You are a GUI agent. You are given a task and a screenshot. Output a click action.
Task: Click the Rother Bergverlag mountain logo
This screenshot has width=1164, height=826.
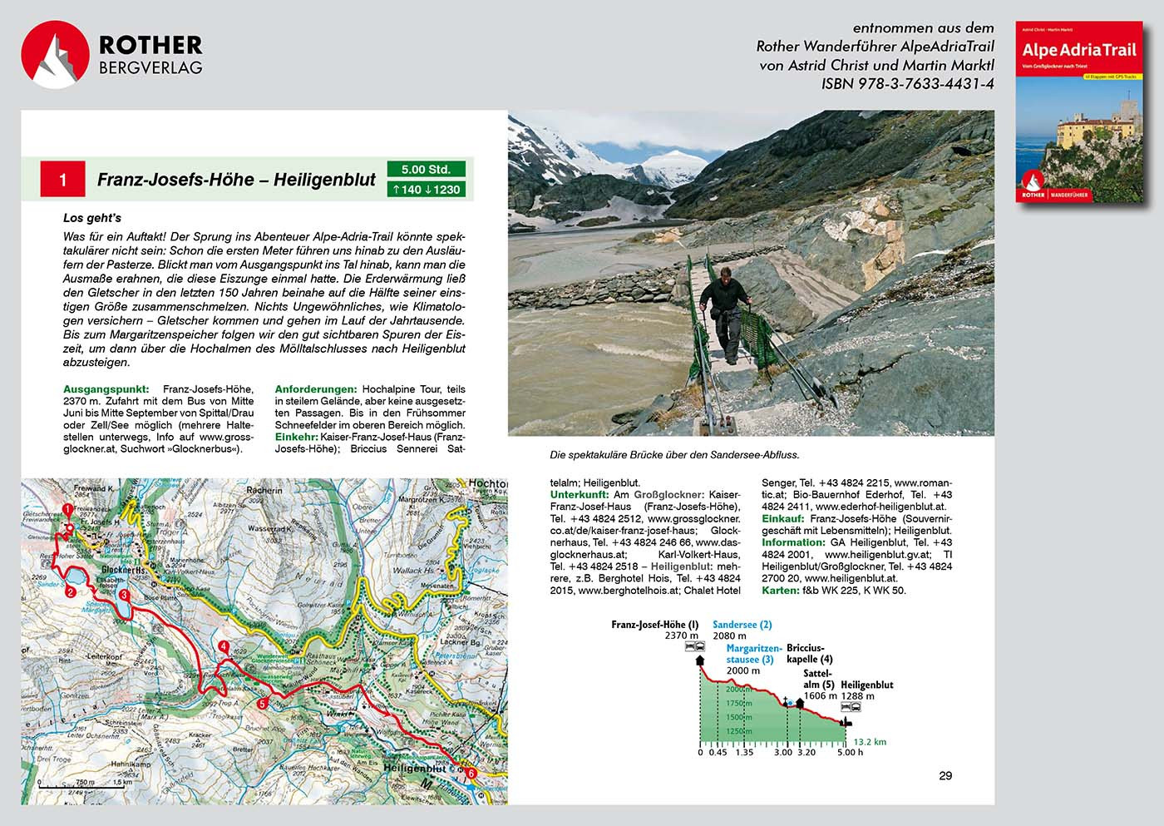55,54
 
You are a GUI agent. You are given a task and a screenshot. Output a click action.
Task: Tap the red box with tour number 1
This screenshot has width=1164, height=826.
62,180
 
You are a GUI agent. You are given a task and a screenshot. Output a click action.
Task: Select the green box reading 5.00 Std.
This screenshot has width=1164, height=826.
425,170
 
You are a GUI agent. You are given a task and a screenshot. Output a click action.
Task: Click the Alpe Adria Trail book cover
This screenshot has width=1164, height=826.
1078,112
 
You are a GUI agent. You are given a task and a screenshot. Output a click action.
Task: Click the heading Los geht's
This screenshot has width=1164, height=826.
92,218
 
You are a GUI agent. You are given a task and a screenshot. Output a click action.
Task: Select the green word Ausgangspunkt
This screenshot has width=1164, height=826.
106,389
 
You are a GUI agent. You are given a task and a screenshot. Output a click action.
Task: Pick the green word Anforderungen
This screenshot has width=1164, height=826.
315,389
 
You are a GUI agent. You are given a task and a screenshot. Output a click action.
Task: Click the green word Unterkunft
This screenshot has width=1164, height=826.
579,495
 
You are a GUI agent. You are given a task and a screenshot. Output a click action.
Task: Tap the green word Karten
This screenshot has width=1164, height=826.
780,591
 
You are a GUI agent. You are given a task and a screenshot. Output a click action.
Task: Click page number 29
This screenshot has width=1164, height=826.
945,776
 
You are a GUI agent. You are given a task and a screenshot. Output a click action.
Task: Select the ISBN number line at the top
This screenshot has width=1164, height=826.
907,83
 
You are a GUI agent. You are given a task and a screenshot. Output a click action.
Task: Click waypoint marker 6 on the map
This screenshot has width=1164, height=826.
471,774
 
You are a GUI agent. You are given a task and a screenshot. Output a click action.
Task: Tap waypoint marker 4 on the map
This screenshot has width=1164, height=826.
223,647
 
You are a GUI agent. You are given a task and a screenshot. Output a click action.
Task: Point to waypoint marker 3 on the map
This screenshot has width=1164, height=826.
123,595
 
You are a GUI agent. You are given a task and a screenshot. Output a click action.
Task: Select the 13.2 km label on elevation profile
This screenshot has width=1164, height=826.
870,742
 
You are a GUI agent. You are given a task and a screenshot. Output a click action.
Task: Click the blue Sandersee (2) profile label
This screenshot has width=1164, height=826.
742,625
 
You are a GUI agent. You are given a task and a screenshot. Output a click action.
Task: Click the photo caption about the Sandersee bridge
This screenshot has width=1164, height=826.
674,455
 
